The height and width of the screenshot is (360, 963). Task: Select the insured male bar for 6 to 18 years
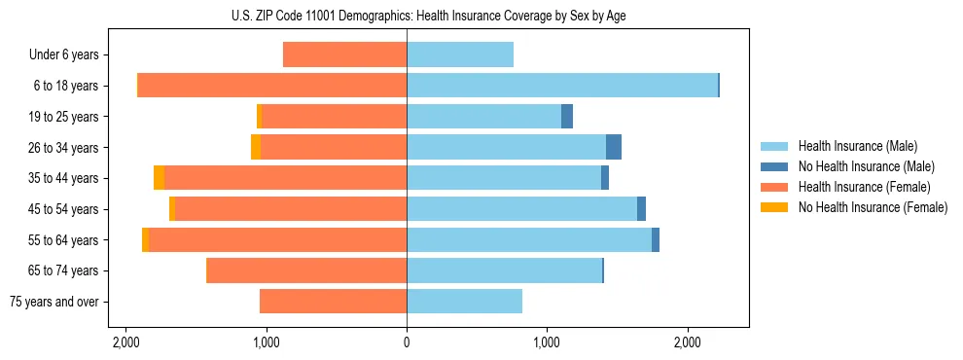tap(561, 86)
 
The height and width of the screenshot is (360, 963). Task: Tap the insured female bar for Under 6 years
tap(344, 55)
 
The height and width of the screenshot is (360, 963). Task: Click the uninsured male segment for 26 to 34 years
tap(614, 147)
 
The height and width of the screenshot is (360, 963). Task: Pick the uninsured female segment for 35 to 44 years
tap(160, 178)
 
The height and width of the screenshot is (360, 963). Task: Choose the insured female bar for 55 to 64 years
tap(277, 240)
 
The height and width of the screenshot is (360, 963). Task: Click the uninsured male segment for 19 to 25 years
tap(567, 117)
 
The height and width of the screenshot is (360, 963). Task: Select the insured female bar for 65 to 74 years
tap(306, 270)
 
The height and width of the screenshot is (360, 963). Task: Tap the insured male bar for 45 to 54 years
tap(521, 209)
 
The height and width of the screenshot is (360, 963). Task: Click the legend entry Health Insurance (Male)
tap(857, 146)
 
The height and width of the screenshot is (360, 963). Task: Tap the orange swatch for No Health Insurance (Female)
tap(775, 207)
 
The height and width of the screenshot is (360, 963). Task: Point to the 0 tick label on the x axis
tap(407, 342)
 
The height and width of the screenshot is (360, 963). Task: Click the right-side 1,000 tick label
tap(547, 342)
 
